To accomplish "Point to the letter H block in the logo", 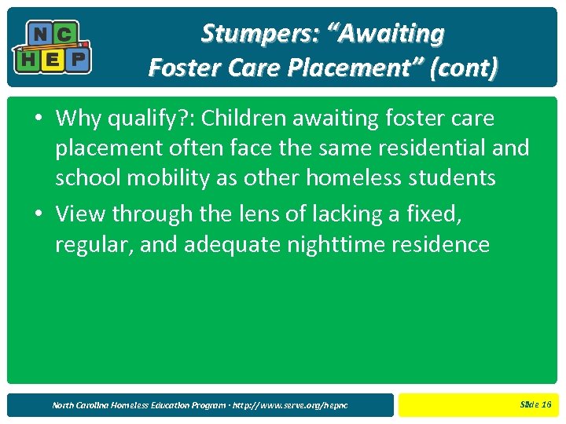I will (x=27, y=59).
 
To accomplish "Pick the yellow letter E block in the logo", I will (x=52, y=59).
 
